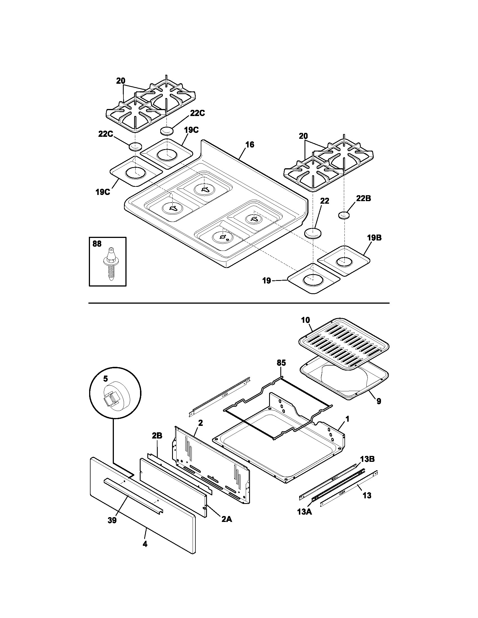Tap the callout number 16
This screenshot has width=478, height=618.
tap(250, 145)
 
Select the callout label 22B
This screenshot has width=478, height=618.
tap(363, 198)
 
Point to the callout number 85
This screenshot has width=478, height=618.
tap(281, 363)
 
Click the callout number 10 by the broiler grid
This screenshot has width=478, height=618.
tap(306, 320)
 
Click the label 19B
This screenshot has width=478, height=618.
tap(374, 238)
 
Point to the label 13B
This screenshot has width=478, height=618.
tap(367, 459)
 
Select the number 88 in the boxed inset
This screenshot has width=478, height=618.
tap(97, 244)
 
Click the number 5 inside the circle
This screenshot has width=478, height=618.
tap(105, 378)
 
